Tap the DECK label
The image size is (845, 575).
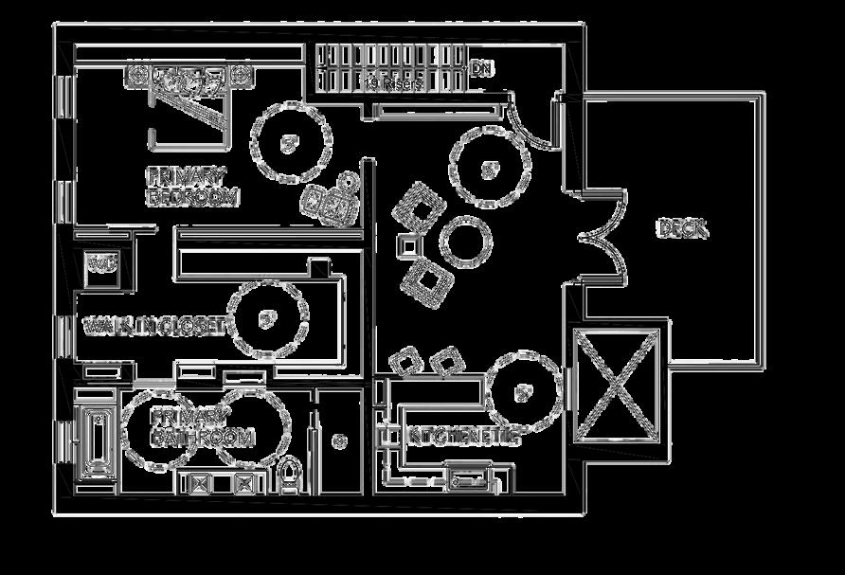(x=682, y=228)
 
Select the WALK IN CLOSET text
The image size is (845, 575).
(x=154, y=327)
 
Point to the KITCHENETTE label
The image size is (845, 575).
(x=463, y=438)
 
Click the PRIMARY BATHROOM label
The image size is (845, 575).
(x=203, y=427)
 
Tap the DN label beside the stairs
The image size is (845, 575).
(x=482, y=69)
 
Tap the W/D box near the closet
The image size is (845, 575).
(x=101, y=261)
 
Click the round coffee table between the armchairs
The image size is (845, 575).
(x=465, y=241)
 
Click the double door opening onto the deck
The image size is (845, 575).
(x=602, y=237)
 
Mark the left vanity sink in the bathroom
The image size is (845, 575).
(x=201, y=483)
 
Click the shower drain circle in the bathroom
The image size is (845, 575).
(x=338, y=440)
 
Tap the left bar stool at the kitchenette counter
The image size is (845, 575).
(x=405, y=361)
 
